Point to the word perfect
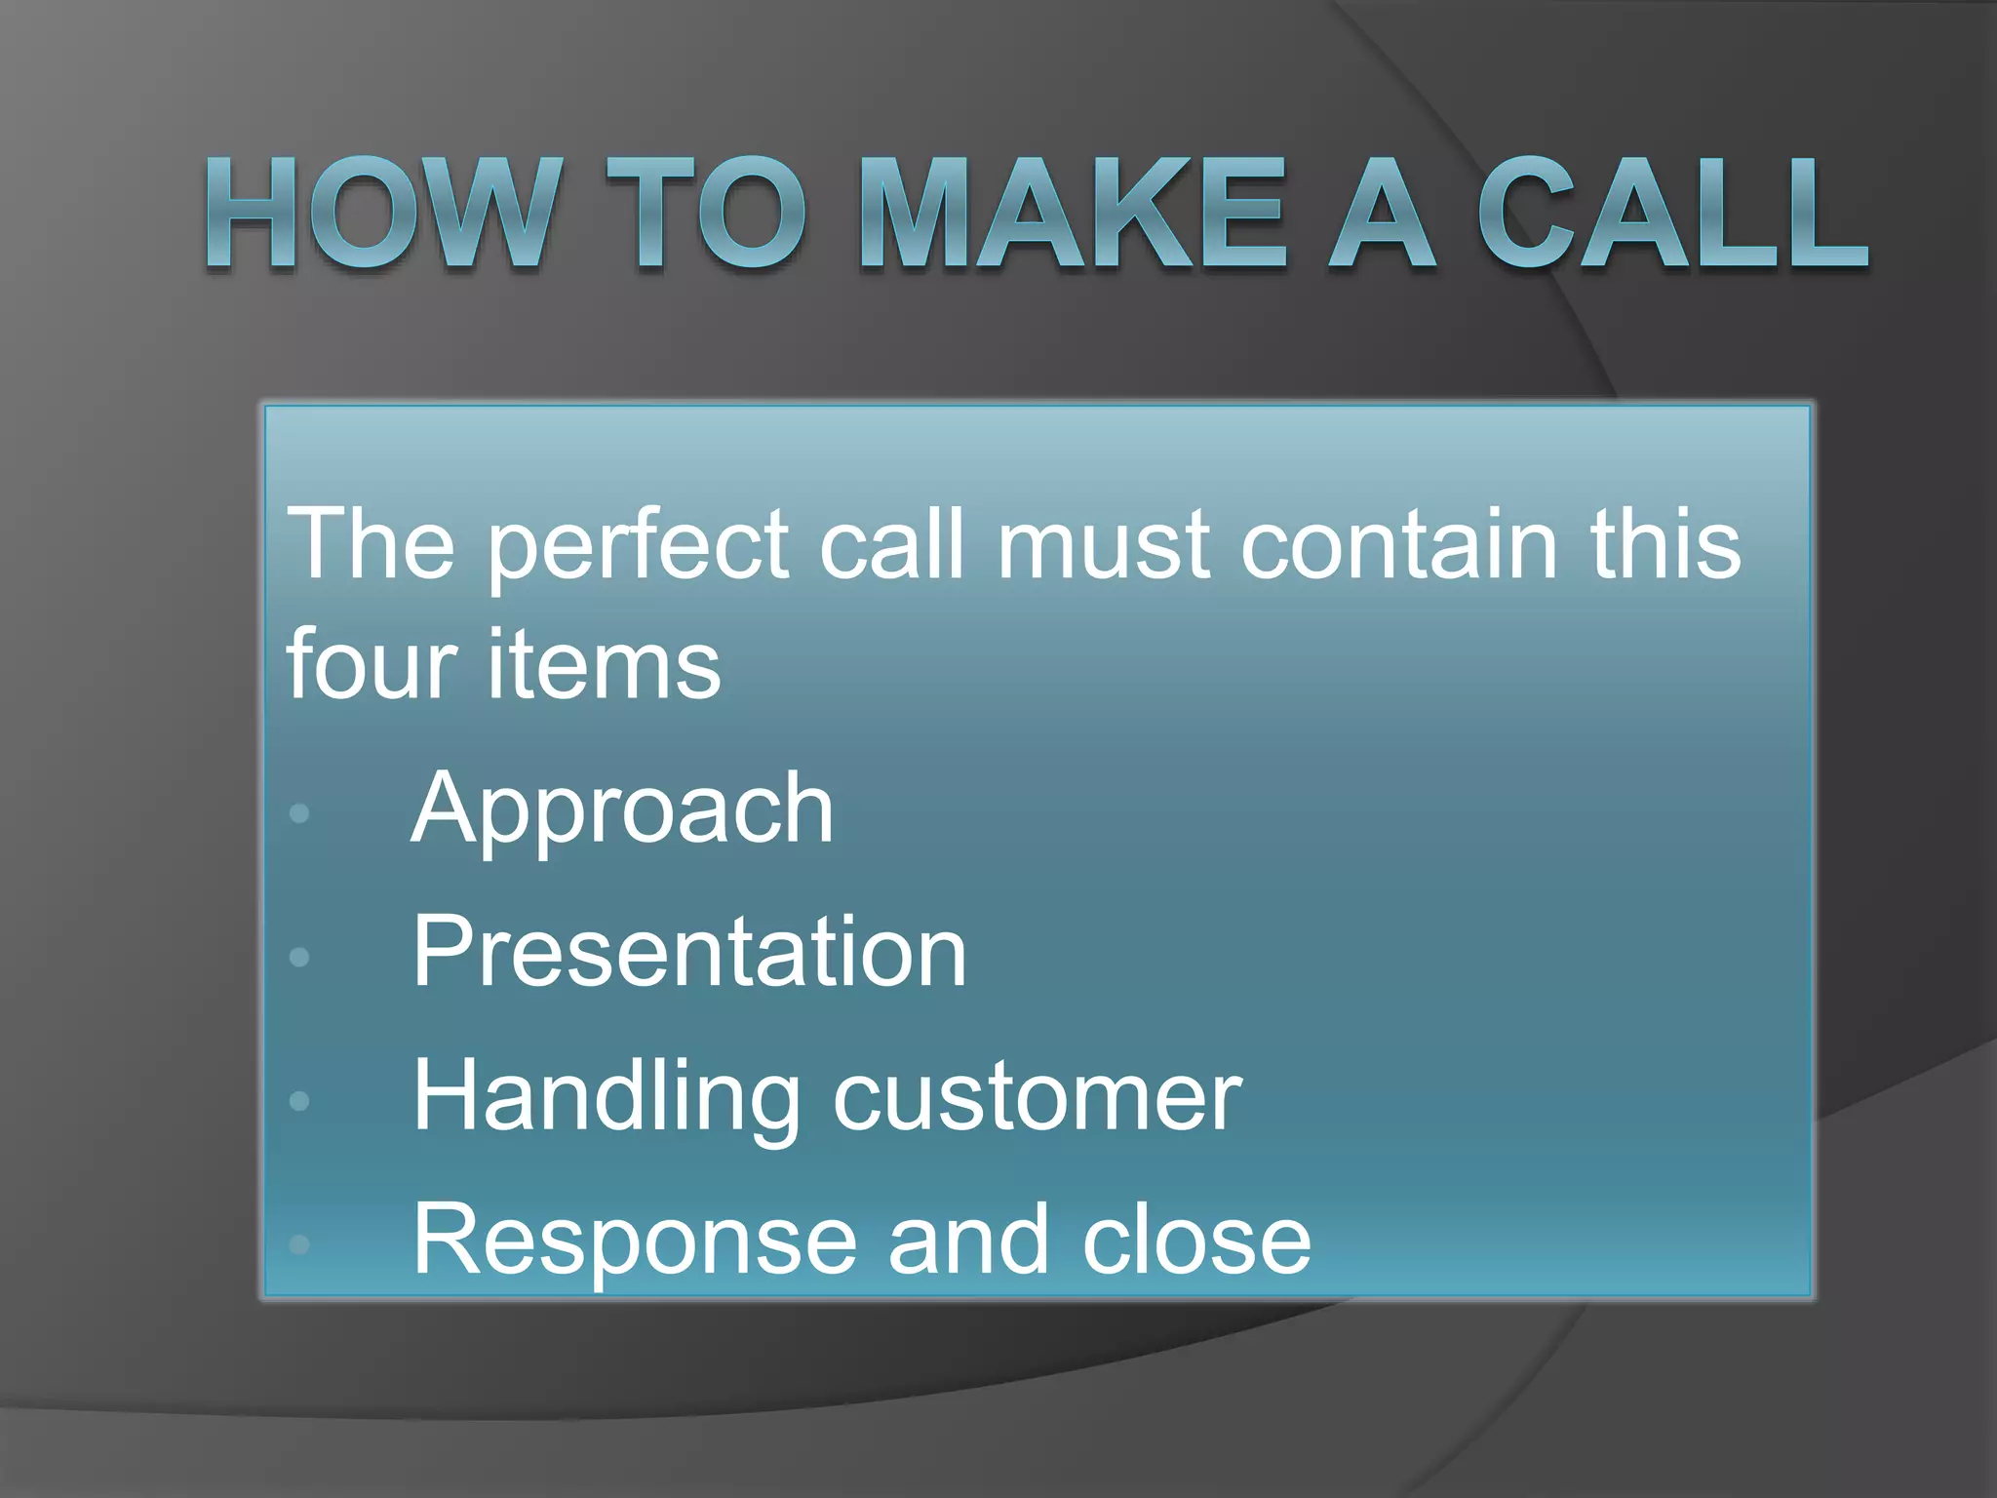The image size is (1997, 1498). coord(639,546)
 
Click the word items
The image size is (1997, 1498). coord(605,663)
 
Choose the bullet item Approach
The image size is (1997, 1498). coord(622,809)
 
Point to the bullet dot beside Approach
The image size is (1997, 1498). coord(299,812)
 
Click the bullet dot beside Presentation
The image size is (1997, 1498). coord(299,957)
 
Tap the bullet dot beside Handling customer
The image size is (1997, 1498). coord(299,1101)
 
